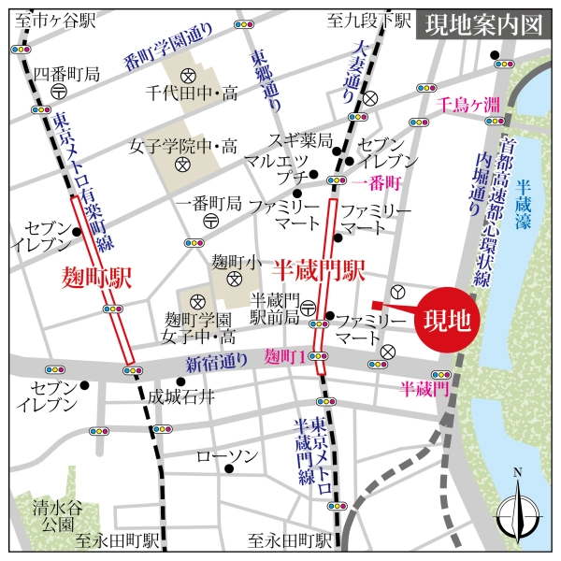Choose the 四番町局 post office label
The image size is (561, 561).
(65, 73)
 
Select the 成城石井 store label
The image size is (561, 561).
(180, 397)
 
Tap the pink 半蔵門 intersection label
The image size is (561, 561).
(425, 386)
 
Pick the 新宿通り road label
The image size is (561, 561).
(216, 362)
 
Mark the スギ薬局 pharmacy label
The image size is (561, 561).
(301, 141)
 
